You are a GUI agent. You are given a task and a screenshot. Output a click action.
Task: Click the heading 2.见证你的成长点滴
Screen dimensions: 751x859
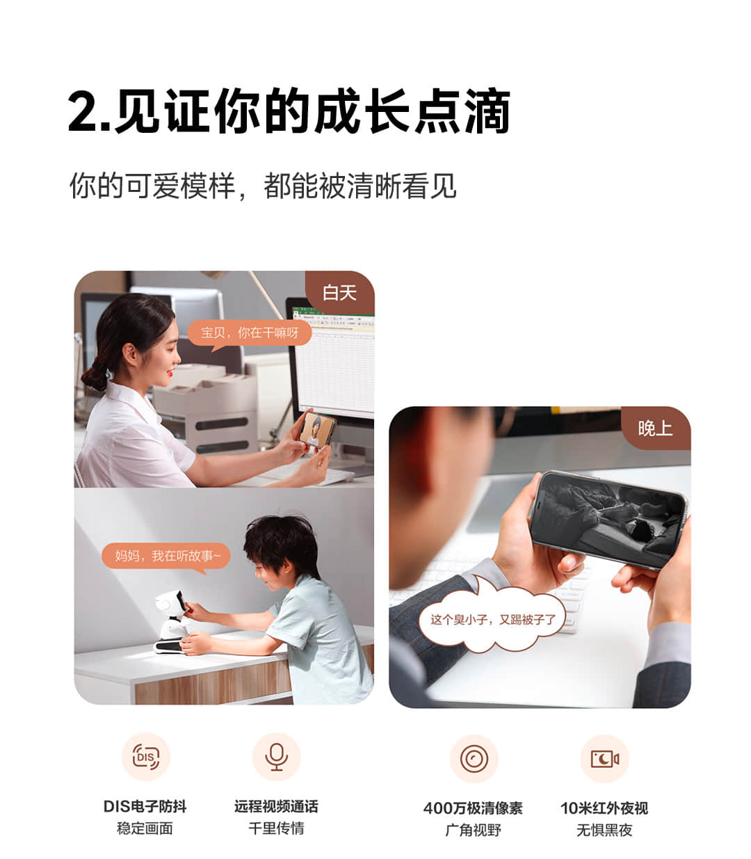289,111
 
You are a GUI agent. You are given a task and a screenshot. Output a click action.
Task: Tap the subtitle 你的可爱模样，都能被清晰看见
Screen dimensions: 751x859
263,186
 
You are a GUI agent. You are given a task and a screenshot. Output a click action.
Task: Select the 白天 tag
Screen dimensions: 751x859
339,293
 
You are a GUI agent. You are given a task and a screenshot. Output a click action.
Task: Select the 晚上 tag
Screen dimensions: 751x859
655,428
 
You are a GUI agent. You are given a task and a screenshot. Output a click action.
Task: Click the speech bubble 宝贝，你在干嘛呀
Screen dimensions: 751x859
250,334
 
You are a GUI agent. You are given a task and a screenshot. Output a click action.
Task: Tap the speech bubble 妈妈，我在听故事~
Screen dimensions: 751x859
166,557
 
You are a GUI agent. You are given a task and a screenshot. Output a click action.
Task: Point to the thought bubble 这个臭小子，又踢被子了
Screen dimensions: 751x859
493,619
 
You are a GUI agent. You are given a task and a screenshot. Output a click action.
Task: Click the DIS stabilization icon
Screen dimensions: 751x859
145,757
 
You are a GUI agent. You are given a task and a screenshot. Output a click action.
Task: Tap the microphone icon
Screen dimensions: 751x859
276,757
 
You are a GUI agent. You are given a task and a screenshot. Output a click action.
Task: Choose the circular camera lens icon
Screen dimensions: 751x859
474,759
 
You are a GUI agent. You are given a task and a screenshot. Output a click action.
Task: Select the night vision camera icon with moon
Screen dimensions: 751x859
604,759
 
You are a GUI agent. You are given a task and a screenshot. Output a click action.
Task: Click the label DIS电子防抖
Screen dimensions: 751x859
145,806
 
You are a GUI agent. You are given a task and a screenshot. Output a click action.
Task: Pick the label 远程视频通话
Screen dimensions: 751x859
276,806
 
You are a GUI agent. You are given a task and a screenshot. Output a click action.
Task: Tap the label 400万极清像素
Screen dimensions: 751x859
473,808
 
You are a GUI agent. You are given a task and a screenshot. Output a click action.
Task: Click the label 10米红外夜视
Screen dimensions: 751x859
604,808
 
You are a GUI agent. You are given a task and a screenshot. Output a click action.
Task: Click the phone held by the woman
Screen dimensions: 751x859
316,430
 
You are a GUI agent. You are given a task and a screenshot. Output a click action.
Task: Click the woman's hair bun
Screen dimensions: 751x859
95,376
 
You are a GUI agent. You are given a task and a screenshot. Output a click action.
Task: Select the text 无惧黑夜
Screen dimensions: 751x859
604,830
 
